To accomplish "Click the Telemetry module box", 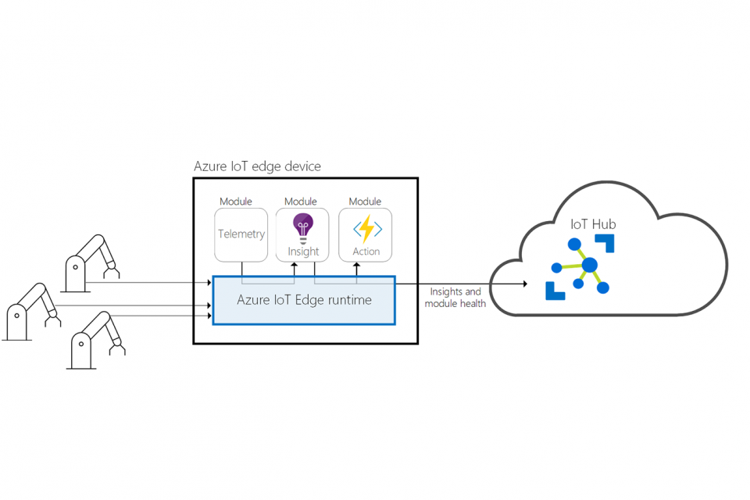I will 241,234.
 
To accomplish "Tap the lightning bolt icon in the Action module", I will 366,229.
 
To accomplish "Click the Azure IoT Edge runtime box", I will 304,300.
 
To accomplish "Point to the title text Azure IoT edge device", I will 257,166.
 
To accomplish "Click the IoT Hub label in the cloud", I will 593,224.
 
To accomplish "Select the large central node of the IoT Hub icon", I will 590,265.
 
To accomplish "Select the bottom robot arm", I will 97,339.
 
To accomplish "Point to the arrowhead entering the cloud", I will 524,284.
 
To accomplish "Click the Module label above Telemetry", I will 236,202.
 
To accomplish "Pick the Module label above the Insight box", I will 301,202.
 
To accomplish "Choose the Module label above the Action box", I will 365,202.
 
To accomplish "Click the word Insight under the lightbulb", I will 303,252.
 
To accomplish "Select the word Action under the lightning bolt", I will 366,252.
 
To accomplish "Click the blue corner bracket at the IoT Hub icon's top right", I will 606,242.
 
